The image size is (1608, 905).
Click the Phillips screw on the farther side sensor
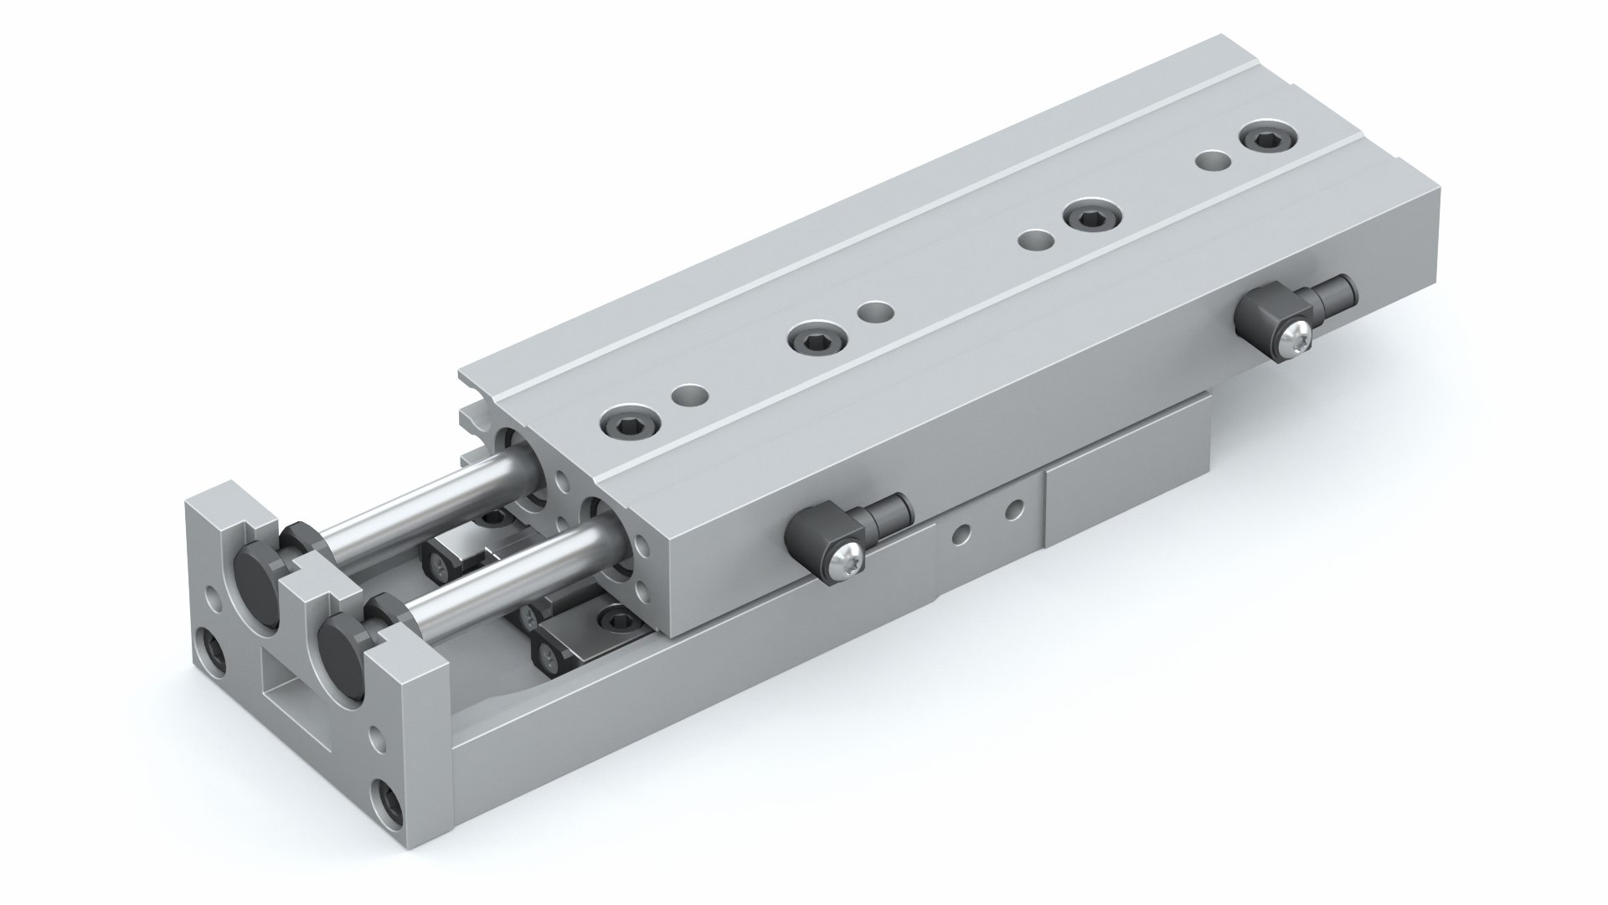coord(1296,338)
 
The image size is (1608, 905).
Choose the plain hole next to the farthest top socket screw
coord(1210,159)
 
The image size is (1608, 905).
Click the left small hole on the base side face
coord(964,530)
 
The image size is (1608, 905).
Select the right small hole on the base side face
coord(1013,508)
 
